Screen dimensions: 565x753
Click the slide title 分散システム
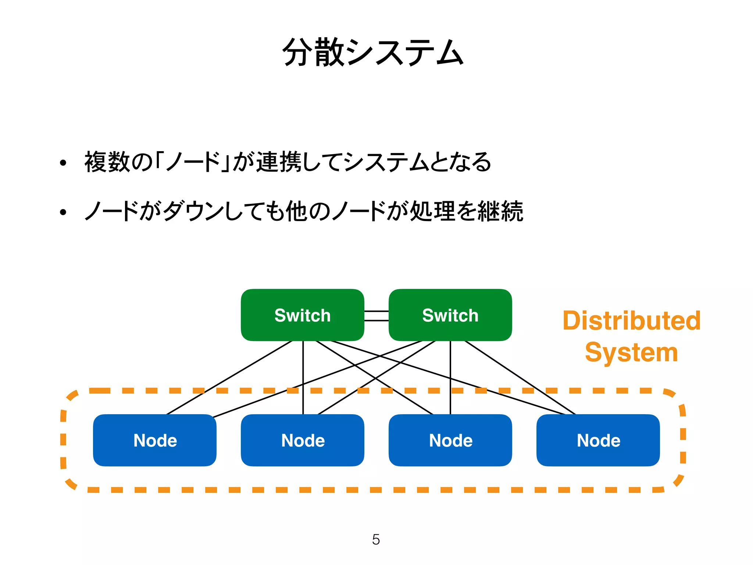(x=373, y=52)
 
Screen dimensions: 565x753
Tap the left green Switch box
(x=302, y=315)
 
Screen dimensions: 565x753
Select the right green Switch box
(x=450, y=315)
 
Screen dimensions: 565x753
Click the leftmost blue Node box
(x=154, y=440)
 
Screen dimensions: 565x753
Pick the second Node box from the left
(x=302, y=440)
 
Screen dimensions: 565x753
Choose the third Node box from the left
(x=450, y=440)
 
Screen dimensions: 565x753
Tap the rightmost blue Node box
(x=598, y=440)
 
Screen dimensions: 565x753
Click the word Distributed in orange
(x=631, y=320)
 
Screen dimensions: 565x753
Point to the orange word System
(x=631, y=352)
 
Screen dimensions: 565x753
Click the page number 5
(x=376, y=540)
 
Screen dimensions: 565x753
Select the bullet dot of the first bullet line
(x=63, y=163)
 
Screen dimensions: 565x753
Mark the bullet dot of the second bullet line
(x=63, y=212)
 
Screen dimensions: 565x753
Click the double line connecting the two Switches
(x=376, y=316)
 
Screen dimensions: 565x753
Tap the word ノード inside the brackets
(x=193, y=162)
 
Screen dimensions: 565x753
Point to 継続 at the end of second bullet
(x=500, y=211)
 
